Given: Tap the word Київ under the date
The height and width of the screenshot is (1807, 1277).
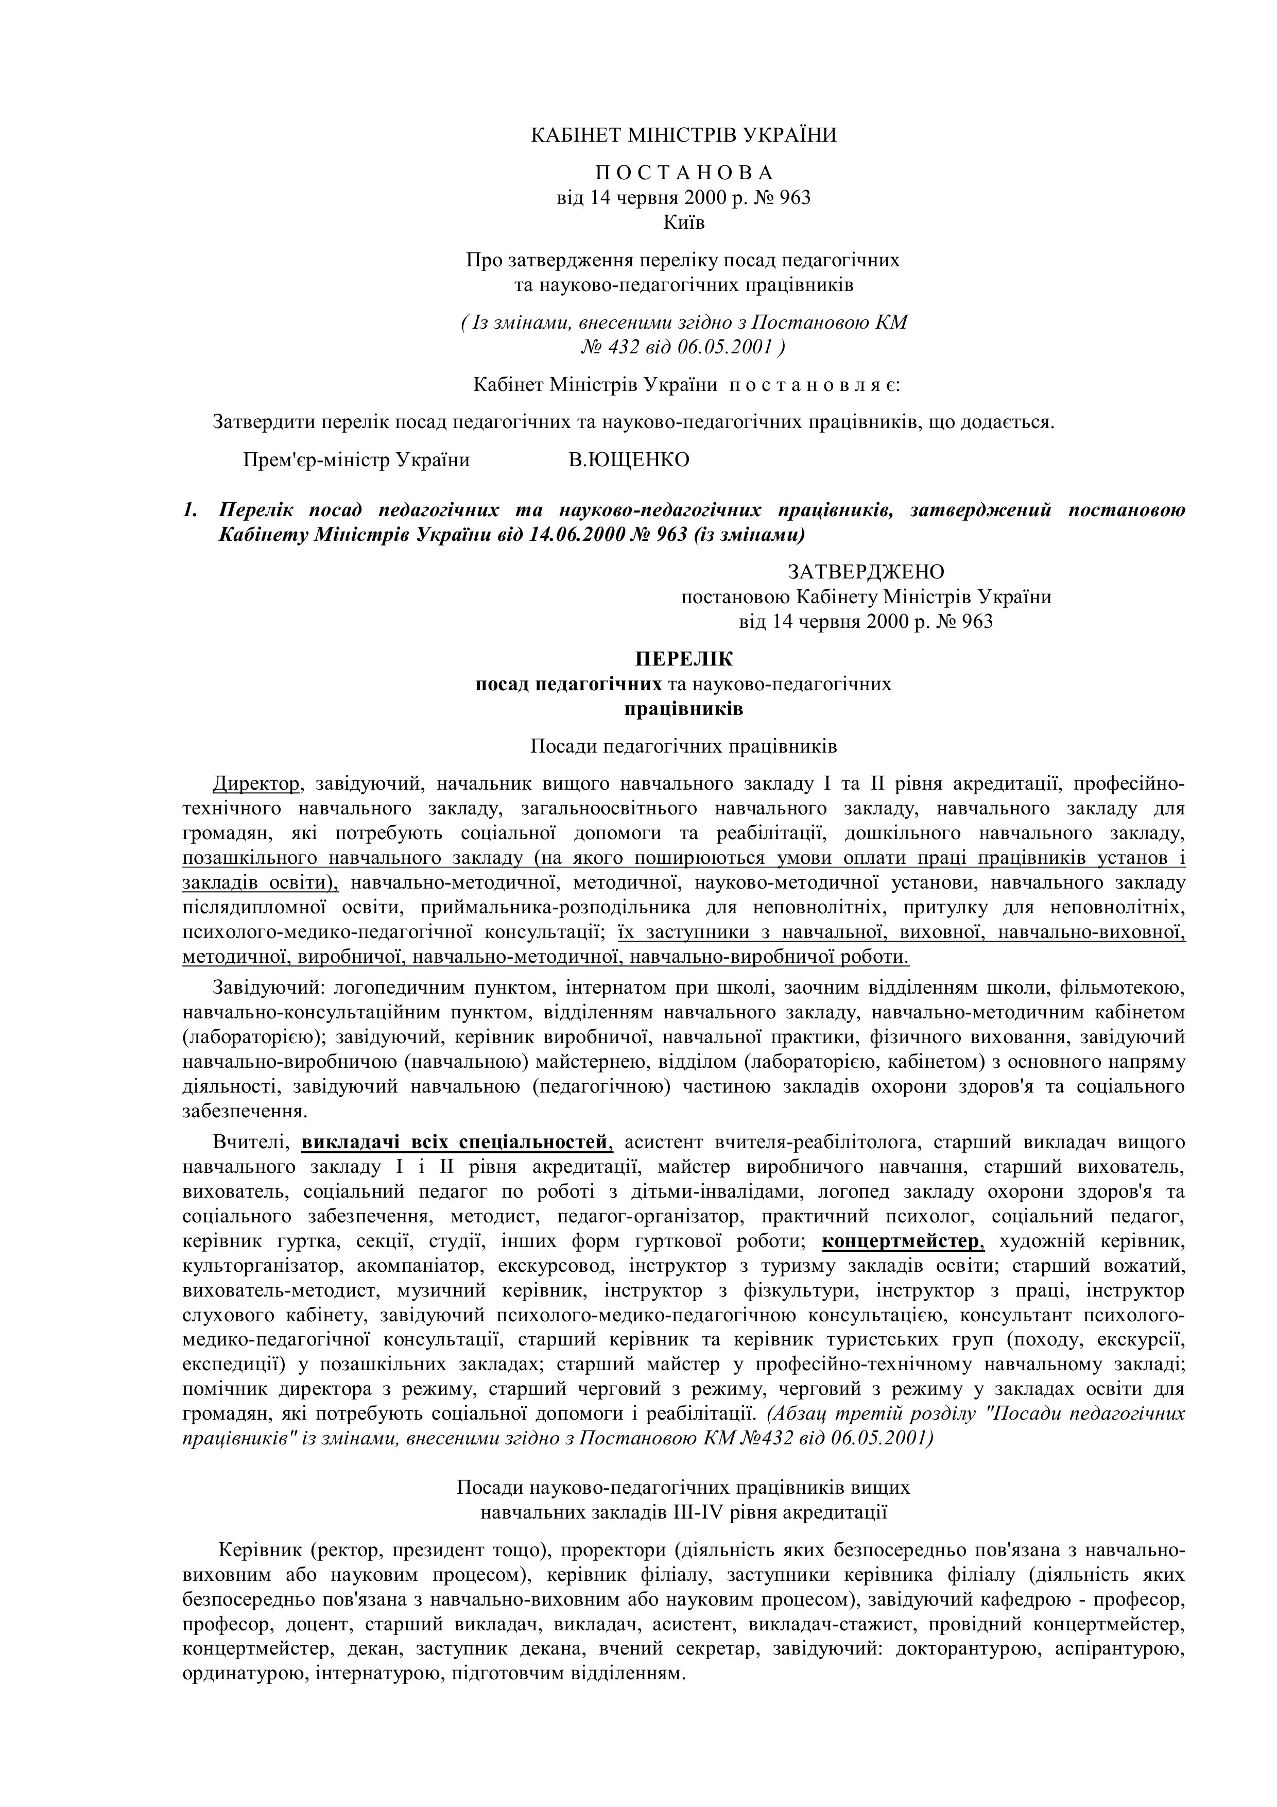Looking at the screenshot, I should (x=684, y=223).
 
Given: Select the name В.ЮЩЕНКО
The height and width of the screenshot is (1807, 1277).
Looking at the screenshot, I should (x=629, y=459).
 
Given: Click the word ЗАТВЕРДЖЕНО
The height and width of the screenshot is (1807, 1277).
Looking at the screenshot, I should (x=866, y=571).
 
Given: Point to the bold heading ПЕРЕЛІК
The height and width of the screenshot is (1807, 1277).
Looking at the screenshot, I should (x=684, y=659).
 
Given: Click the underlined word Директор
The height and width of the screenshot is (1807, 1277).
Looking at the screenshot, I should (x=256, y=784).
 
